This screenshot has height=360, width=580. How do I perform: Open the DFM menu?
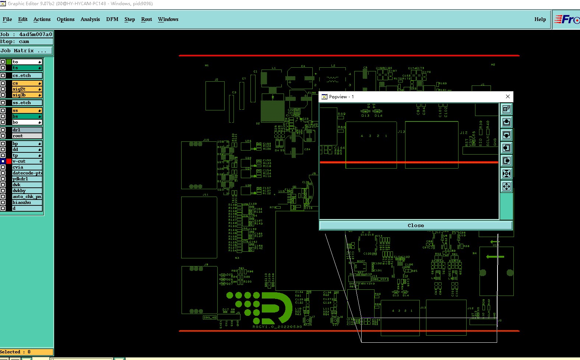(x=112, y=19)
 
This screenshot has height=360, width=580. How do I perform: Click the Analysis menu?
(x=90, y=19)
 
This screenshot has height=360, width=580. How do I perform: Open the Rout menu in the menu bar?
(x=146, y=19)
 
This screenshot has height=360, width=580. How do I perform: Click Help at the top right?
(x=540, y=19)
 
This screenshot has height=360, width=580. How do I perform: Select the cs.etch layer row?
(x=27, y=75)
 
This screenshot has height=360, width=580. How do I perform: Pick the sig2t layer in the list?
(x=27, y=89)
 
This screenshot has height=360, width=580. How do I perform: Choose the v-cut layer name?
(x=27, y=161)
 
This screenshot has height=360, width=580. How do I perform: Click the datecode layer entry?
(x=27, y=173)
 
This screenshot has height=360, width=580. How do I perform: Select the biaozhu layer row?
(x=27, y=202)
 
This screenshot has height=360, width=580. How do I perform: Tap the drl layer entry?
(x=27, y=130)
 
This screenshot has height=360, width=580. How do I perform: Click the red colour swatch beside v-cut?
(x=9, y=161)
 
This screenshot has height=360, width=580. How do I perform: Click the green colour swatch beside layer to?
(x=9, y=62)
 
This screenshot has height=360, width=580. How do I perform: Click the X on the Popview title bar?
(x=508, y=96)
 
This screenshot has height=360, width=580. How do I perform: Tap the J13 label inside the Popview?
(x=401, y=132)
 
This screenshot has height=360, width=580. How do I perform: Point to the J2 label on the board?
(x=217, y=80)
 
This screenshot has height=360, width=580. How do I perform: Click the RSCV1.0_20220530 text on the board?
(x=277, y=327)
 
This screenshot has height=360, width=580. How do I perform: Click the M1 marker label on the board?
(x=207, y=66)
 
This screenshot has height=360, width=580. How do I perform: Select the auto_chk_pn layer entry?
(x=27, y=197)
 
